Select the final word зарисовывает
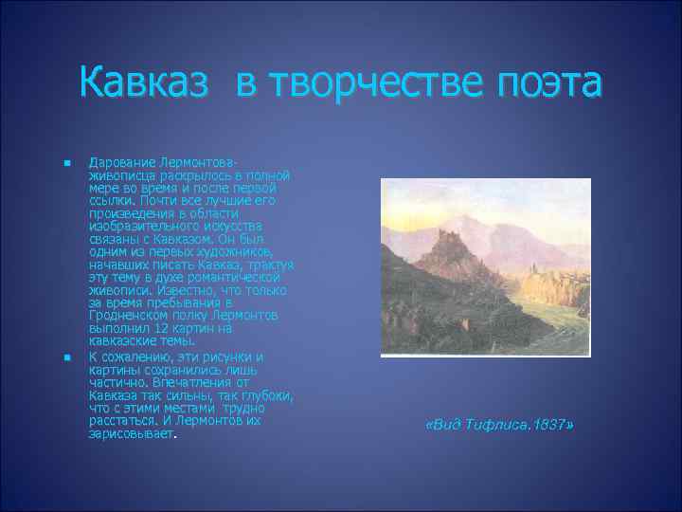point(132,433)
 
